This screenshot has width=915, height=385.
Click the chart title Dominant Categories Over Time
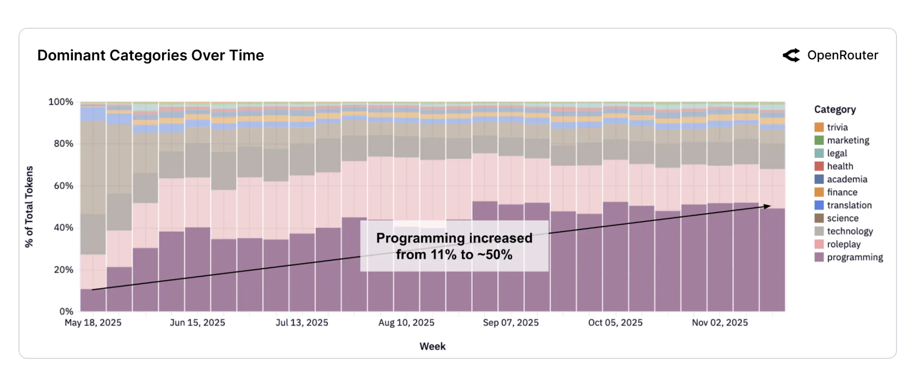pyautogui.click(x=151, y=55)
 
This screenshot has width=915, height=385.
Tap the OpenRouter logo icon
pyautogui.click(x=792, y=55)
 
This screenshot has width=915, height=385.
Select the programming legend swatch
pyautogui.click(x=819, y=257)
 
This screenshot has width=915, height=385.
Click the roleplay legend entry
pyautogui.click(x=843, y=244)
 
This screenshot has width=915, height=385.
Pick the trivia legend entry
pyautogui.click(x=837, y=127)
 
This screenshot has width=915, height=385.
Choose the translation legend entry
pyautogui.click(x=849, y=205)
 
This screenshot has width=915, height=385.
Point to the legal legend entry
pyautogui.click(x=837, y=153)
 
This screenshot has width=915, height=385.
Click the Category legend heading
pyautogui.click(x=834, y=109)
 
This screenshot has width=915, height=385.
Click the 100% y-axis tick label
pyautogui.click(x=60, y=102)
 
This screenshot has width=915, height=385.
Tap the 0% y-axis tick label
pyautogui.click(x=66, y=312)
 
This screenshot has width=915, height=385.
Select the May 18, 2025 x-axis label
pyautogui.click(x=93, y=322)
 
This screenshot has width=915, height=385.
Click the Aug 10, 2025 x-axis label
pyautogui.click(x=406, y=322)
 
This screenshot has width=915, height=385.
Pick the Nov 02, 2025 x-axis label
pyautogui.click(x=720, y=322)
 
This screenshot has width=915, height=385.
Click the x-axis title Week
pyautogui.click(x=432, y=346)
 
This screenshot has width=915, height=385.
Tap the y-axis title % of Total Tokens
pyautogui.click(x=29, y=207)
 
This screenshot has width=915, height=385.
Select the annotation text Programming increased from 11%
pyautogui.click(x=454, y=246)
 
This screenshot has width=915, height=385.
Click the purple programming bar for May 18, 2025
pyautogui.click(x=93, y=300)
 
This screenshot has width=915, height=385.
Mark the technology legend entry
pyautogui.click(x=849, y=231)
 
